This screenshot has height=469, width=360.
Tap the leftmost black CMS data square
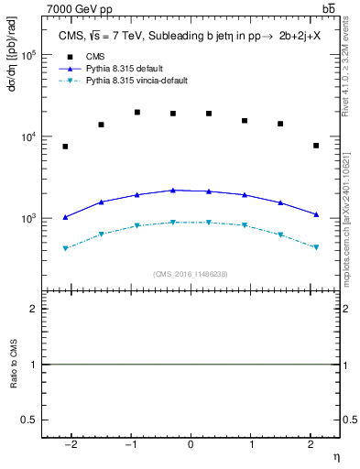click(66, 147)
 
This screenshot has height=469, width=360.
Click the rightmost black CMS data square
click(315, 146)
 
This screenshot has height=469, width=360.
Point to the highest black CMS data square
click(137, 113)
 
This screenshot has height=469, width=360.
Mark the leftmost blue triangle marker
click(66, 217)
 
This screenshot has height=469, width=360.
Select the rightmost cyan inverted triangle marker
click(315, 247)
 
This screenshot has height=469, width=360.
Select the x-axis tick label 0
click(191, 443)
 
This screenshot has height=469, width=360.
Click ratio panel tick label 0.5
click(33, 420)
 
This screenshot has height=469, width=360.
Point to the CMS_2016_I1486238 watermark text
click(191, 273)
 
